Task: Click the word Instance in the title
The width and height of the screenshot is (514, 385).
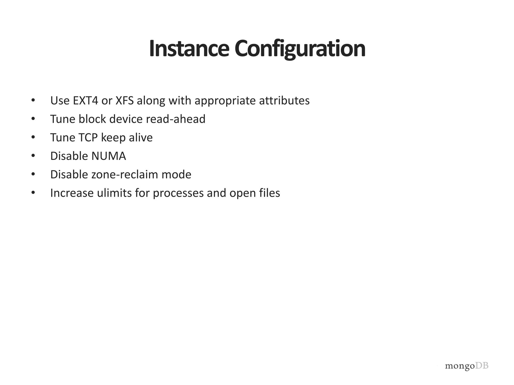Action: click(x=189, y=49)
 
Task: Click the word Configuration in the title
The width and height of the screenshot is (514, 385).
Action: click(x=300, y=49)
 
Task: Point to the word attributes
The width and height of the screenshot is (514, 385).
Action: click(x=284, y=101)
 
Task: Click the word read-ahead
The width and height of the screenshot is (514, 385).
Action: click(x=175, y=119)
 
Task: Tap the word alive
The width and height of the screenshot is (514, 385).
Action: click(x=141, y=138)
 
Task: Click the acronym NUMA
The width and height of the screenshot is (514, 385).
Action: click(x=108, y=156)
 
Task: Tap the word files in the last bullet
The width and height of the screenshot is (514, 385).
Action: click(x=270, y=193)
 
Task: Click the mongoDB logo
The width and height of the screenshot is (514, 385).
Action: click(x=467, y=366)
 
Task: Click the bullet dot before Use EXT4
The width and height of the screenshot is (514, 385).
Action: click(x=33, y=101)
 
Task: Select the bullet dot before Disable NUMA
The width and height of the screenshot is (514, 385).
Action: click(x=33, y=156)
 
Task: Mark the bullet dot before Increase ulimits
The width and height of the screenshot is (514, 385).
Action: click(x=33, y=193)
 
